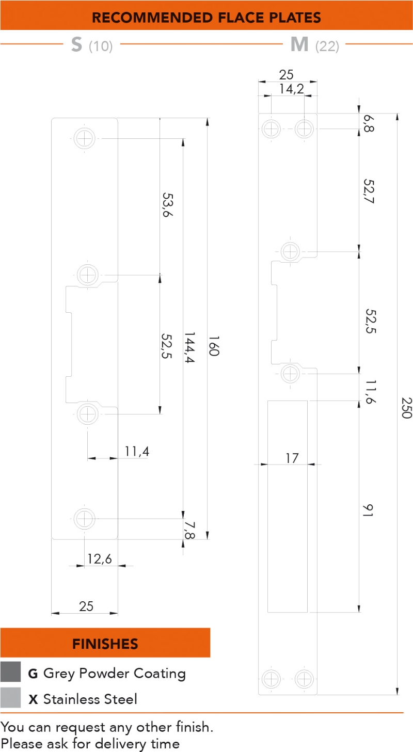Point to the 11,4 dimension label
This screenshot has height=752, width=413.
[x=136, y=451]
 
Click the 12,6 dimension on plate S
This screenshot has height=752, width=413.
[x=100, y=559]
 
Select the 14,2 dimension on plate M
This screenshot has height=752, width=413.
[x=291, y=89]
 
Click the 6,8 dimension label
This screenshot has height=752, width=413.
[x=368, y=124]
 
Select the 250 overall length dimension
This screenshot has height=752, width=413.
[x=406, y=408]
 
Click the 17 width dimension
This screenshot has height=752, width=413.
[x=292, y=458]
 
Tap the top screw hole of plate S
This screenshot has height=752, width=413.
[x=85, y=138]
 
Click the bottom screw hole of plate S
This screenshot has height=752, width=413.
[x=85, y=518]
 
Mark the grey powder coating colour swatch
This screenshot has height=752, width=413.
[x=10, y=672]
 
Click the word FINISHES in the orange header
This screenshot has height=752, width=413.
[x=105, y=644]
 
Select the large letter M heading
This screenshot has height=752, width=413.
[x=299, y=45]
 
